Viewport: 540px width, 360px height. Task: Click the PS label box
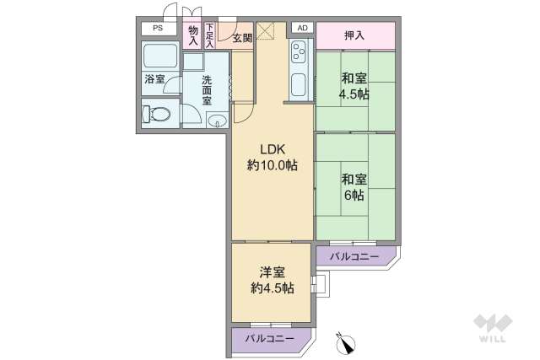158,28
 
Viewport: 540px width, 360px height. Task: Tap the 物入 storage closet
192,35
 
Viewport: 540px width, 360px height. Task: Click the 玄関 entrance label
242,38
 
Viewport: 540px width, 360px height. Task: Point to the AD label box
302,27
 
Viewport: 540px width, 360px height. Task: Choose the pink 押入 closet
354,35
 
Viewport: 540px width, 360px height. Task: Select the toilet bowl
158,113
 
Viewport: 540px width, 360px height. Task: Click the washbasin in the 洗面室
217,119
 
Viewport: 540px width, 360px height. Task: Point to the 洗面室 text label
208,88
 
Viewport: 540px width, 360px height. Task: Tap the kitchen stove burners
299,56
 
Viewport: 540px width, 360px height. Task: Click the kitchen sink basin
299,85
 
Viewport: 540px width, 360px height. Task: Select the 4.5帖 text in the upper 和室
354,94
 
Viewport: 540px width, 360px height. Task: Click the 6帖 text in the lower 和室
354,195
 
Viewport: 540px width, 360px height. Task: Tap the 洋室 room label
272,273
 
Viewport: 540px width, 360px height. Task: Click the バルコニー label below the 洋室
270,338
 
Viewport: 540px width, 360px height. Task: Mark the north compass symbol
347,342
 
